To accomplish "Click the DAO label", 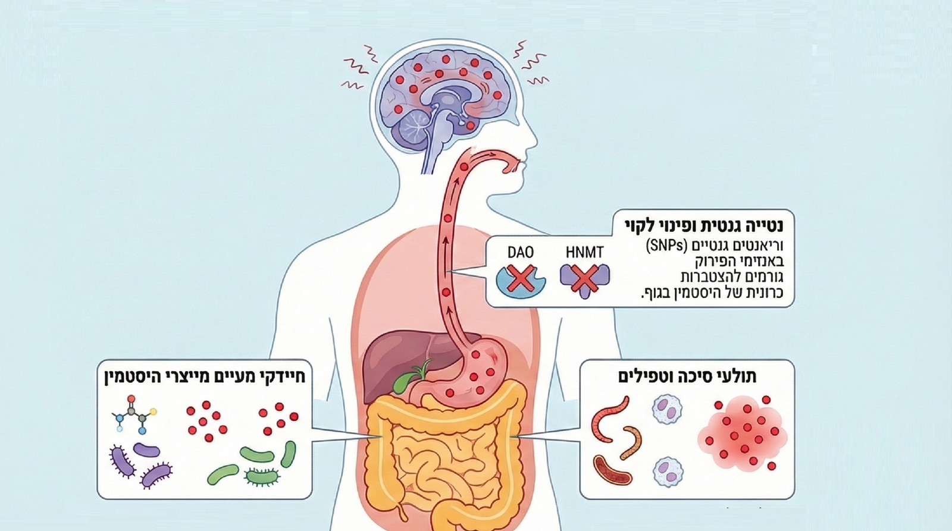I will [520, 252].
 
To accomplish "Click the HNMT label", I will [584, 252].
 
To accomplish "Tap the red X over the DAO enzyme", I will [520, 278].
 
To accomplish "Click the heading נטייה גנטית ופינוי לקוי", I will [704, 226].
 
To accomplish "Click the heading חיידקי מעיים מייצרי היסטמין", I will [205, 376].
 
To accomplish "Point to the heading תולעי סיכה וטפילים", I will [687, 376].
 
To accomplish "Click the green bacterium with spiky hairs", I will [261, 475].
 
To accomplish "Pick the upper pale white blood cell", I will [667, 410].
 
